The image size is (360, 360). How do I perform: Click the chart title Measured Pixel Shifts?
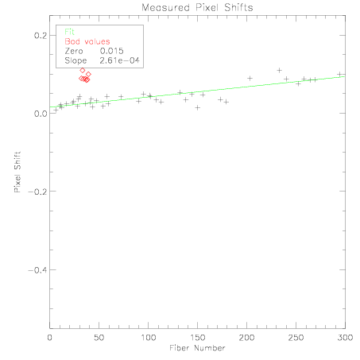[x=197, y=7]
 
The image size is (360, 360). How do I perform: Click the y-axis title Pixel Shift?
[x=17, y=172]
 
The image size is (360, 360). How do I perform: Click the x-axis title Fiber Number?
[x=197, y=348]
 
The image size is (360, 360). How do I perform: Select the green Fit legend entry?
[x=70, y=32]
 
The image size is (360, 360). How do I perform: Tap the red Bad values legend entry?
[x=87, y=41]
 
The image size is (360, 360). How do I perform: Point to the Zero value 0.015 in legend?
[x=112, y=51]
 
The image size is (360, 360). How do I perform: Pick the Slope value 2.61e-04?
[x=119, y=60]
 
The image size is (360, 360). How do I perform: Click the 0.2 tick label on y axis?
[x=41, y=35]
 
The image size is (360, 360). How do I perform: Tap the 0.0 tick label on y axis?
[x=41, y=114]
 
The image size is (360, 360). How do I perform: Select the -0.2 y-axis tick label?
[x=37, y=192]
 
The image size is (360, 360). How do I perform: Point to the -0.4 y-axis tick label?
[x=37, y=270]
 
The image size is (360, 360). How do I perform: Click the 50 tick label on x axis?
[x=99, y=338]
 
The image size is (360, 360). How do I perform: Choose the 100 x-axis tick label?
[x=148, y=338]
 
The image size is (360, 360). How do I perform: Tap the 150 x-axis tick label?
[x=197, y=338]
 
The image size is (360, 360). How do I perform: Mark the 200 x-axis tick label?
[x=246, y=338]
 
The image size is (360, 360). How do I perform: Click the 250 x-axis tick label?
[x=296, y=338]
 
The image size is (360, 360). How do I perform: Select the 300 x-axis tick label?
[x=345, y=338]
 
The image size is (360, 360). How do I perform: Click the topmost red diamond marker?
[x=83, y=71]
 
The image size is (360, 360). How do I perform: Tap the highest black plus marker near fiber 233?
[x=279, y=71]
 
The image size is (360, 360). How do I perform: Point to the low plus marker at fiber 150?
[x=198, y=107]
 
